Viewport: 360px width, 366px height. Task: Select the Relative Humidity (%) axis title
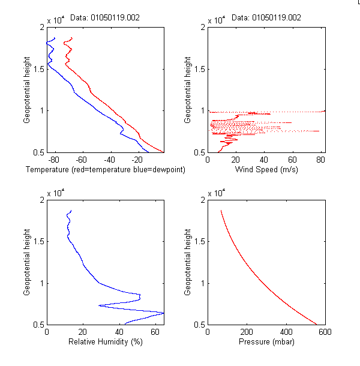(x=105, y=342)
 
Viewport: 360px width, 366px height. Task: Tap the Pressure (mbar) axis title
(x=266, y=342)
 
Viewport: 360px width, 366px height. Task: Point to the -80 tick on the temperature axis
(x=54, y=160)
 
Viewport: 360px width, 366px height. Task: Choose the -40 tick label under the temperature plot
(x=109, y=160)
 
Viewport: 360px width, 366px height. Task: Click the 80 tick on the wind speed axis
(x=320, y=160)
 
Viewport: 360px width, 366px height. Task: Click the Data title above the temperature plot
(x=105, y=18)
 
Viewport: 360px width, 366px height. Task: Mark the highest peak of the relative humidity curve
(x=163, y=313)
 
